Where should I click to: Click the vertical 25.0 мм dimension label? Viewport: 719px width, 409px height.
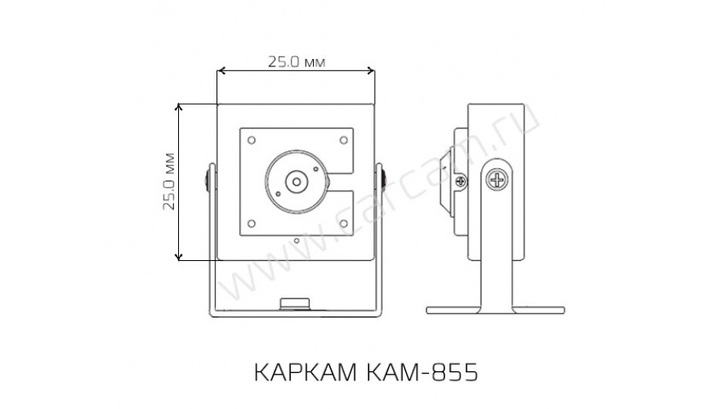tap(169, 182)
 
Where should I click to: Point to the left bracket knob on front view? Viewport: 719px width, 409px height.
tap(208, 180)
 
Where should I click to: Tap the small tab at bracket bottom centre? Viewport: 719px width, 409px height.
tap(295, 304)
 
